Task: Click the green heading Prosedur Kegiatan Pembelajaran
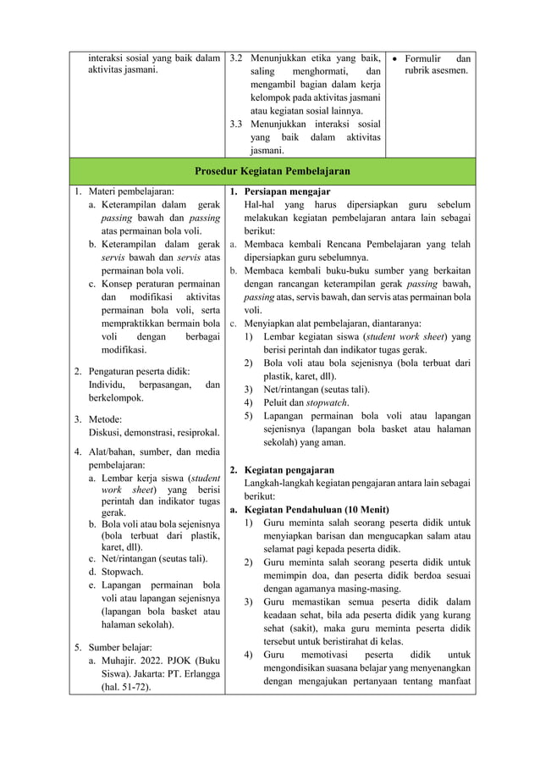(x=272, y=171)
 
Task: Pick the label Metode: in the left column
(x=106, y=419)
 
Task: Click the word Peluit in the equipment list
(x=278, y=402)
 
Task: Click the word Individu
(x=108, y=385)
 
